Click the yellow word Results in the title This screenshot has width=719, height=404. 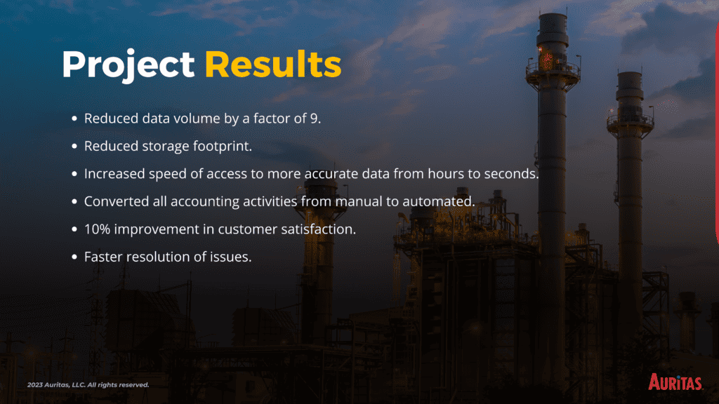pos(273,64)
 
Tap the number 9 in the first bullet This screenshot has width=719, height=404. pos(314,119)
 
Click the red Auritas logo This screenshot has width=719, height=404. pos(675,382)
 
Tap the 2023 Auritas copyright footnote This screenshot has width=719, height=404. pos(88,385)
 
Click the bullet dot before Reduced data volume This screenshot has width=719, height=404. pos(74,119)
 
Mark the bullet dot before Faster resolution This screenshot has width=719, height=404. pos(74,257)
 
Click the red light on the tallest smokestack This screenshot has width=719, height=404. pos(546,58)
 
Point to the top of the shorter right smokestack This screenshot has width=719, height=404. pos(629,73)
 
